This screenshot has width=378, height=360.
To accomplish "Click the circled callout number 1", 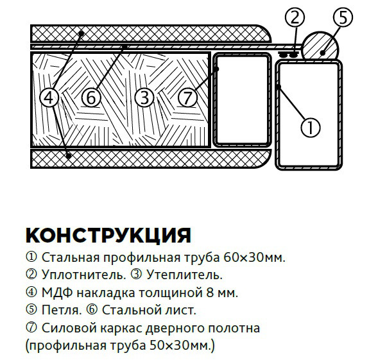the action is coord(311,128).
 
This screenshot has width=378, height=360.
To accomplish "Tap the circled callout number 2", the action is coord(295,17).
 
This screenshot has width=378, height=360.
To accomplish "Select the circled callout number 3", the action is coord(144,98).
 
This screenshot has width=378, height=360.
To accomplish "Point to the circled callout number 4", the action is coord(49,98).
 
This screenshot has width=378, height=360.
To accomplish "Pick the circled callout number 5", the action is coord(343,17).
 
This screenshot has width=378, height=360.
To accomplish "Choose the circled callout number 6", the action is coord(91,98).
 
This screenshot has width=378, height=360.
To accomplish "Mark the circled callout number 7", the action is coord(187,98).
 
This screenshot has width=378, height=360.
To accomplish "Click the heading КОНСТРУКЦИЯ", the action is coord(108,235).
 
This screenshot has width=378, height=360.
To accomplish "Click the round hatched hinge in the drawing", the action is coord(320,46).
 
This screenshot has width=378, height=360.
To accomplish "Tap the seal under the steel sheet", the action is coord(289,55).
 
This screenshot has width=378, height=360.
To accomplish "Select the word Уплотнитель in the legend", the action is coord(84,275).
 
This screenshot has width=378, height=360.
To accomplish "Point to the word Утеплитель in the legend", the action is coord(184,275).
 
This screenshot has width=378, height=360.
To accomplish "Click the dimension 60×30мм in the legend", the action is coord(254,257).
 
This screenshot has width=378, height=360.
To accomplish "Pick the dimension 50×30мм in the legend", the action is coord(180,346).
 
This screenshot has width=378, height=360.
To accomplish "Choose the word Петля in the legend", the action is coord(62,311).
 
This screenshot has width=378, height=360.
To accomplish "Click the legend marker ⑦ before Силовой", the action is coord(31,328).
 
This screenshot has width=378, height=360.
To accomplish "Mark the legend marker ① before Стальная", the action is coord(31,257).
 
